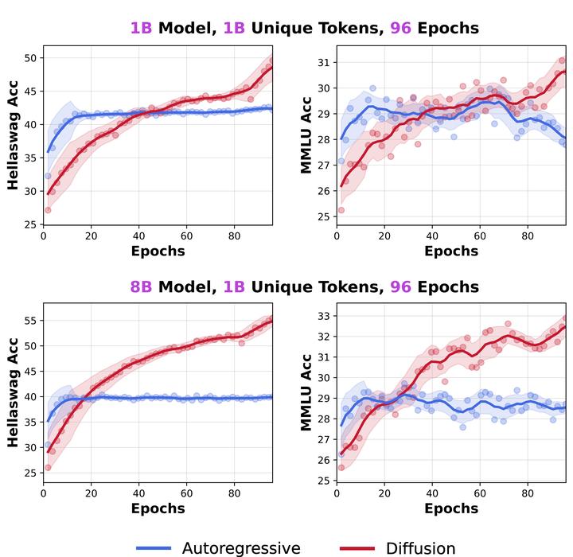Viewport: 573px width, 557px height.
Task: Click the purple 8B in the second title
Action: pyautogui.click(x=141, y=286)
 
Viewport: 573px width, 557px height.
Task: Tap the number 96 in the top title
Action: pyautogui.click(x=401, y=29)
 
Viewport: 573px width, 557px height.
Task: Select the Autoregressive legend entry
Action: pyautogui.click(x=218, y=547)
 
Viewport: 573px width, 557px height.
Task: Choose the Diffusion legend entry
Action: pyautogui.click(x=398, y=547)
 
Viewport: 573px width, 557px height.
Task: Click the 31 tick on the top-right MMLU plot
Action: pyautogui.click(x=322, y=62)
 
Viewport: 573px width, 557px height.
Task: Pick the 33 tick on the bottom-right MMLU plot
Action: pyautogui.click(x=322, y=316)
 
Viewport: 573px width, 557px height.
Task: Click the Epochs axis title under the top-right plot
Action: pyautogui.click(x=451, y=251)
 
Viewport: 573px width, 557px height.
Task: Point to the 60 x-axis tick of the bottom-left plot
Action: pyautogui.click(x=186, y=493)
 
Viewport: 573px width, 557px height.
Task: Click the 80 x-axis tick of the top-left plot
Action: pyautogui.click(x=234, y=236)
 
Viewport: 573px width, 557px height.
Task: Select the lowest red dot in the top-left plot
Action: pyautogui.click(x=48, y=210)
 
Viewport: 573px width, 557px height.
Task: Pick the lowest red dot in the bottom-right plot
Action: pyautogui.click(x=341, y=467)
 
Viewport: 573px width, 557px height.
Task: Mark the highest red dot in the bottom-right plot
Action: pyautogui.click(x=567, y=316)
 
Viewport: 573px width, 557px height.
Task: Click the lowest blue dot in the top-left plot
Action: pyautogui.click(x=48, y=176)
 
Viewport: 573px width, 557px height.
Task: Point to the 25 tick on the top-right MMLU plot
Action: pyautogui.click(x=322, y=216)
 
